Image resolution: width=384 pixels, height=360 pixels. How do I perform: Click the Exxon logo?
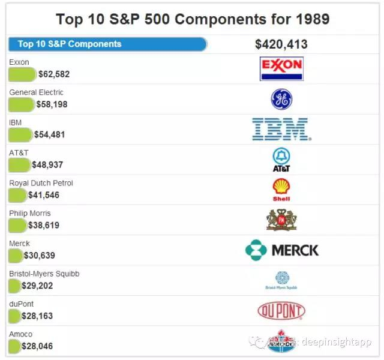[x=281, y=68]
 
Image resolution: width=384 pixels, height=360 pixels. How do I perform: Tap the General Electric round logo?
[x=281, y=99]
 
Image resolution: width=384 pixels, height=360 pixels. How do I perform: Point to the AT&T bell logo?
[x=281, y=160]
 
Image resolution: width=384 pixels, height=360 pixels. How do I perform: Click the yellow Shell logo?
[x=281, y=190]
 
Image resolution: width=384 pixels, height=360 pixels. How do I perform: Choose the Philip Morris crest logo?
[x=281, y=220]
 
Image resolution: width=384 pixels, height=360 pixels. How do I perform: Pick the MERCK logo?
[x=282, y=250]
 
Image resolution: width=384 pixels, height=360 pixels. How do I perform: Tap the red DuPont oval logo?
[x=281, y=311]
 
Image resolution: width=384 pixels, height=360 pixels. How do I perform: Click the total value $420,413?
[x=281, y=44]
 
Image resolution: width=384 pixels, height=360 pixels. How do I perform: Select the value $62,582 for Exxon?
[x=54, y=74]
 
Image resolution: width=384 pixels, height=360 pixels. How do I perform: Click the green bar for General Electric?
[x=22, y=104]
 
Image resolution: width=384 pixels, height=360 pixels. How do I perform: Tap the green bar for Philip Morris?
[x=17, y=226]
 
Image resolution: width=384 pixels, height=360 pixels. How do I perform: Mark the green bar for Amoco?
[x=14, y=346]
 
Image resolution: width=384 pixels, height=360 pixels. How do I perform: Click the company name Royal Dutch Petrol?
[x=41, y=183]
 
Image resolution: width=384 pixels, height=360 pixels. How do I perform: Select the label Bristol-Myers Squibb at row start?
[x=44, y=274]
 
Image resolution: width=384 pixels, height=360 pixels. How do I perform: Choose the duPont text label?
[x=22, y=304]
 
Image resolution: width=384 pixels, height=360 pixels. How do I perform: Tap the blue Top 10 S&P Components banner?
[x=107, y=44]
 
